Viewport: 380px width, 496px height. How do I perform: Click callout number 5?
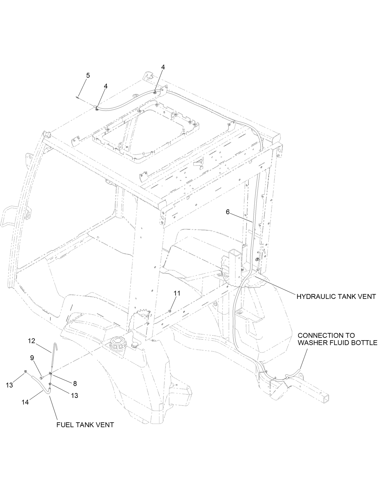(88, 75)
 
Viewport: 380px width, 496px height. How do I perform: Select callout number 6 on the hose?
(228, 212)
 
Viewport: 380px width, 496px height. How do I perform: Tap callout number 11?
(177, 293)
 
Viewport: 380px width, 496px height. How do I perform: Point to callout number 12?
(32, 341)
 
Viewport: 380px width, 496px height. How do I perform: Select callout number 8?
(75, 384)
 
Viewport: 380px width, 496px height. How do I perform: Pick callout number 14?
(25, 402)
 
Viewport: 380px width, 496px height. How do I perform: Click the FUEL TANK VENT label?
(85, 425)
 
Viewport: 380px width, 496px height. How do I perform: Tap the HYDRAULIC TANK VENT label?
(336, 296)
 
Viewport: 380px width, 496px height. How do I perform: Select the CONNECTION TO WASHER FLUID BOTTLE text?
(337, 339)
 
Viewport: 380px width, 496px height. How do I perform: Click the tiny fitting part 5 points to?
(78, 97)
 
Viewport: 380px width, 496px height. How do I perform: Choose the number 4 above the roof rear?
(163, 67)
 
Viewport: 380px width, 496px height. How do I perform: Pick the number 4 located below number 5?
(106, 86)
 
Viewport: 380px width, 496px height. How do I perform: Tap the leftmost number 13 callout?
(9, 385)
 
